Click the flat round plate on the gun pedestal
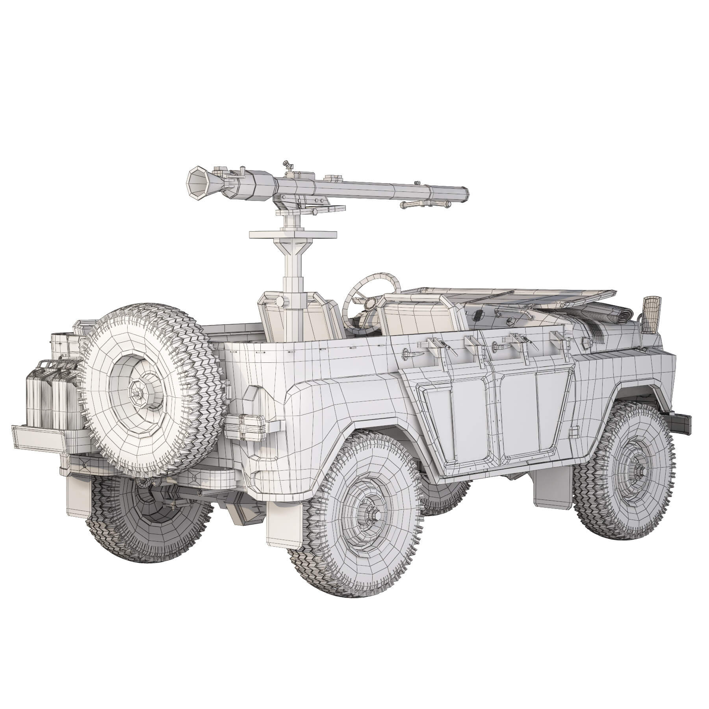coord(293,235)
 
